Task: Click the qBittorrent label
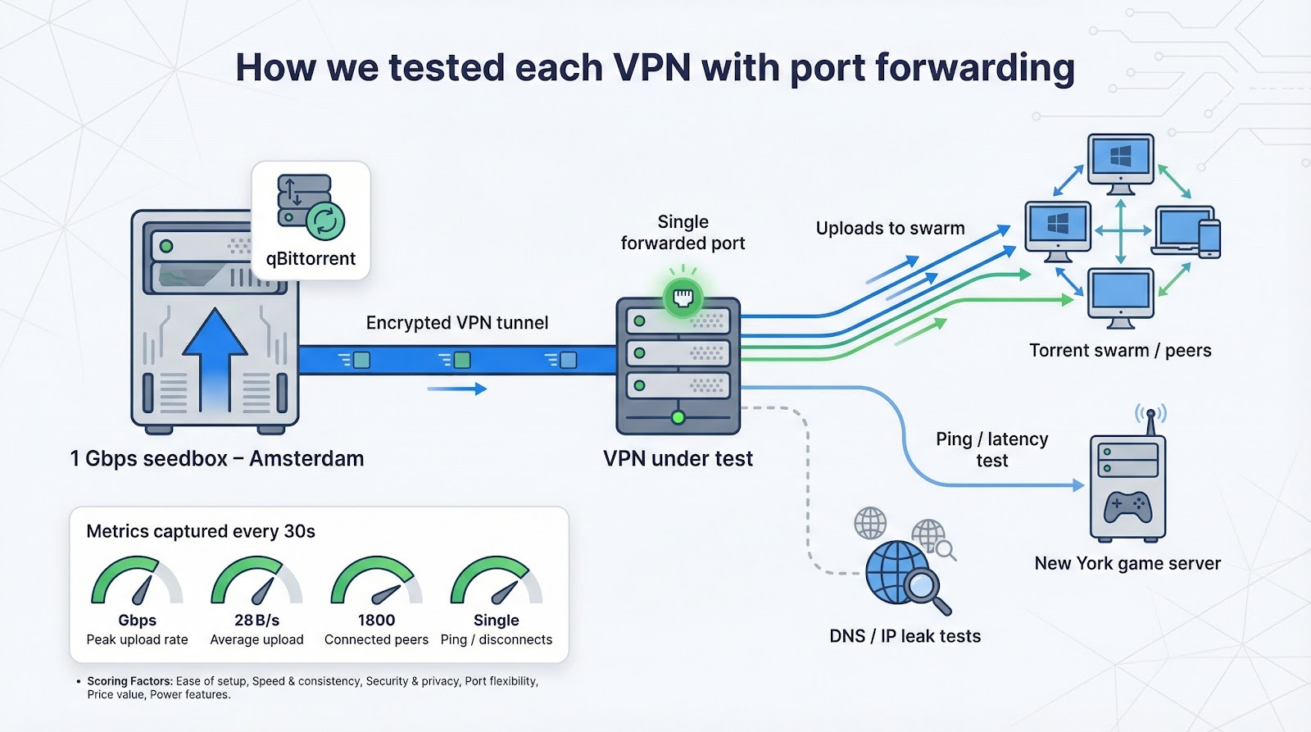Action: click(x=311, y=259)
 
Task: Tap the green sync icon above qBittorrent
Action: click(x=325, y=221)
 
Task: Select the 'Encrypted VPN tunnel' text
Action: click(x=457, y=323)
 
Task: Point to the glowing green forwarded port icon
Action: click(x=683, y=297)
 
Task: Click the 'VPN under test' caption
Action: click(x=678, y=459)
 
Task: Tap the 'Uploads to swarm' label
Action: click(x=890, y=229)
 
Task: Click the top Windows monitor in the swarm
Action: click(x=1120, y=161)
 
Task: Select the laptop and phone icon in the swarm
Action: click(x=1186, y=232)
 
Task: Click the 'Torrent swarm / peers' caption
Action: click(x=1119, y=351)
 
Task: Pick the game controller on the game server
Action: click(x=1127, y=507)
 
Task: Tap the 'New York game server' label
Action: click(x=1127, y=564)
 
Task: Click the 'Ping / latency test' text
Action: click(x=991, y=450)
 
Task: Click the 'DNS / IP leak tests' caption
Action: click(x=905, y=637)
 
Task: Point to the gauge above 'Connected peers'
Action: click(x=376, y=581)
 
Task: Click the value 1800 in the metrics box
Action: click(x=376, y=621)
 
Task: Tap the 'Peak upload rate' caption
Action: click(x=137, y=640)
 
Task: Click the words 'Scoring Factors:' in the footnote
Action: click(x=129, y=681)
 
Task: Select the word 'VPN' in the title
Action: click(x=652, y=68)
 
